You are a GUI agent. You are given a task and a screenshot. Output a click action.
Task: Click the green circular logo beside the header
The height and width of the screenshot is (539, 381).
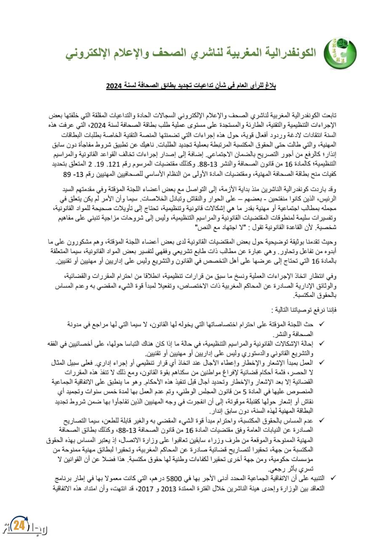click(x=340, y=53)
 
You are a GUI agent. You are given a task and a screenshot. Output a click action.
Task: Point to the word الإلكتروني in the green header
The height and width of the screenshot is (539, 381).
click(x=91, y=53)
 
